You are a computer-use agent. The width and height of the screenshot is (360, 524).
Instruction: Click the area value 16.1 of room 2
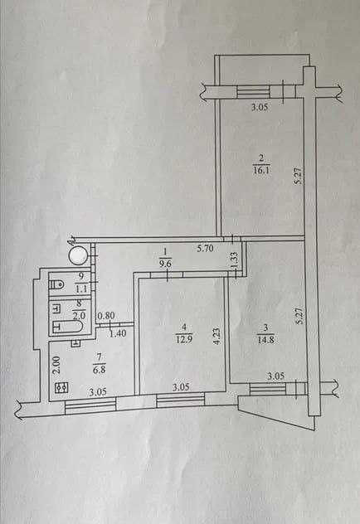click(261, 170)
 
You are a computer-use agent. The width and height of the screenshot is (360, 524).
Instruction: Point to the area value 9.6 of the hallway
click(165, 264)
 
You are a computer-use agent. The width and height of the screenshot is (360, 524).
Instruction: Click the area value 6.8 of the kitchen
click(99, 370)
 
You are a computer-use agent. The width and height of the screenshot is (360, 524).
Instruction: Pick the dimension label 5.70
click(205, 248)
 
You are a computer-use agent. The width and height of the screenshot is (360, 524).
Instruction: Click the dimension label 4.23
click(216, 336)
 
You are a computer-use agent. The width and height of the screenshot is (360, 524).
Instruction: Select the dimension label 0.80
click(106, 315)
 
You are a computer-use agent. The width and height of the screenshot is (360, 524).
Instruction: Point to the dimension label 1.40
click(118, 333)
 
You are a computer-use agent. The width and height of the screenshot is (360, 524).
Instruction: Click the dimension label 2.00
click(56, 364)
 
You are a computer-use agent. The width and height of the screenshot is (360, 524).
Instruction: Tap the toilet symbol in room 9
click(56, 285)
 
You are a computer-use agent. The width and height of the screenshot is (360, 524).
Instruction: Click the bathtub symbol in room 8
click(67, 327)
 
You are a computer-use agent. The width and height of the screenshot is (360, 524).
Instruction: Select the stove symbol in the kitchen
click(62, 387)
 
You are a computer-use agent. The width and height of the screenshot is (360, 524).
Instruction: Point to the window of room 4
click(181, 400)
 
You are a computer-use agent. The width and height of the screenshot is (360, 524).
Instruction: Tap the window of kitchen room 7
click(90, 404)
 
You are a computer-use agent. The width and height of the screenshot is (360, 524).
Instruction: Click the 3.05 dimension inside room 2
click(260, 108)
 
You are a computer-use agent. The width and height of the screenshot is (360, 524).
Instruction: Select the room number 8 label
click(80, 304)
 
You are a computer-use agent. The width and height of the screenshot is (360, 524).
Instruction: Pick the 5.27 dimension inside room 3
click(299, 316)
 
